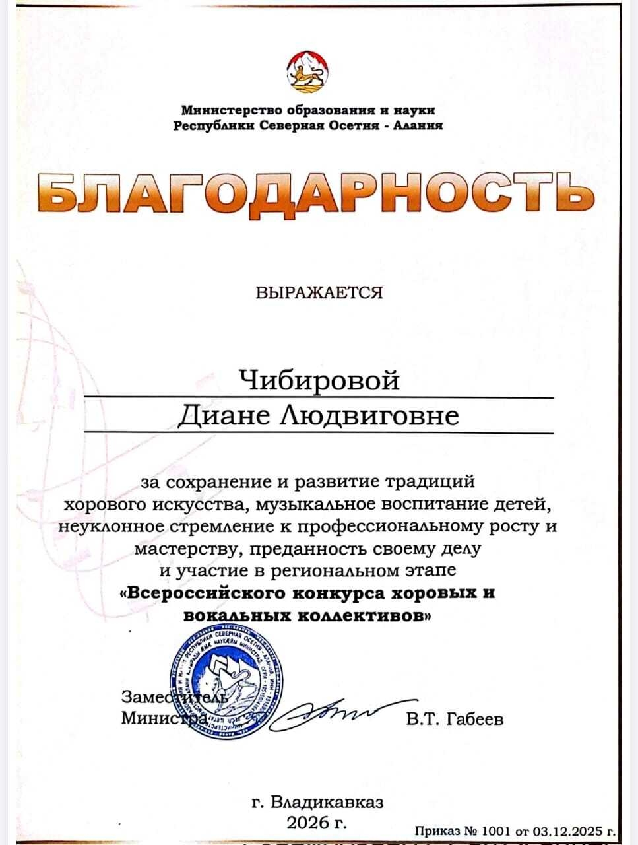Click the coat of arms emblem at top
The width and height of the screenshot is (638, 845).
click(x=307, y=71)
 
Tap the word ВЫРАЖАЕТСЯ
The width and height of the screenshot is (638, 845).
click(x=319, y=292)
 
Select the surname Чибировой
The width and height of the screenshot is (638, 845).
click(x=319, y=380)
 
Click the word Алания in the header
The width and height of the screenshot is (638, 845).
click(x=418, y=125)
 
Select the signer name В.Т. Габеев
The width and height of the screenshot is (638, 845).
click(x=455, y=719)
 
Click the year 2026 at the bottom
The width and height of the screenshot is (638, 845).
click(x=307, y=823)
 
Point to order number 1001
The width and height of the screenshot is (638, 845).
click(x=492, y=831)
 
